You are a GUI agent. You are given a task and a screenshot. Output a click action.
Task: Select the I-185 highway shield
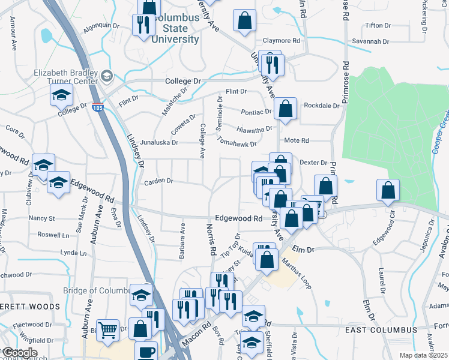pos(97,108)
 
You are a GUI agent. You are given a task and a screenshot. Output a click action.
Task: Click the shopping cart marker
pos(107,329)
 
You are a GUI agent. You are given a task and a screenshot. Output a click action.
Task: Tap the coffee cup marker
pos(145,351)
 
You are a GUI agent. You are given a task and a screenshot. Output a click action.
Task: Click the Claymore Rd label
pos(281,41)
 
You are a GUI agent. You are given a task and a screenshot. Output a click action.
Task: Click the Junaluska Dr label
pos(159,143)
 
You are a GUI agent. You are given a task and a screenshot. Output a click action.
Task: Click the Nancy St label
pos(41,218)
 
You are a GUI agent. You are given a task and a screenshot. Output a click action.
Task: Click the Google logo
pos(19,353)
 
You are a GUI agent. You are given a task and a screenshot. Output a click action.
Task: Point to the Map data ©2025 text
pos(423,355)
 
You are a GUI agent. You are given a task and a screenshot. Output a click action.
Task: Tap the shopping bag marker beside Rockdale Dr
pos(286,110)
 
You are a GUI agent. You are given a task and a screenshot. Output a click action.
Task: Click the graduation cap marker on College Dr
pos(61,95)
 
